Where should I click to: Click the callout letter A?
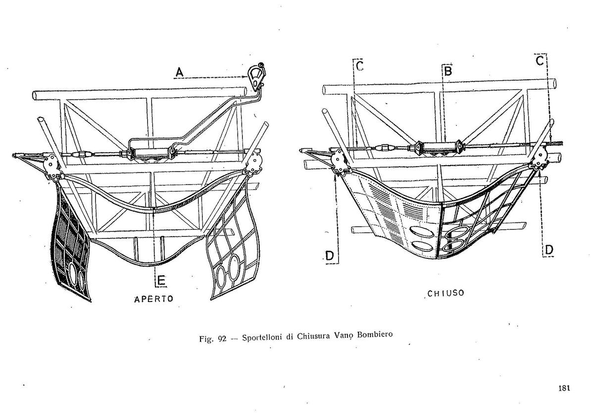180,72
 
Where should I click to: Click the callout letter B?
448,71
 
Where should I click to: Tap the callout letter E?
161,281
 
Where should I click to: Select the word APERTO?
153,299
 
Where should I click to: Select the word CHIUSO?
446,293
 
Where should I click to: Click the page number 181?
564,388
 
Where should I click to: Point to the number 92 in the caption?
222,339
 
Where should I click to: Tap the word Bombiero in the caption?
375,334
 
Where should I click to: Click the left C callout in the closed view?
359,65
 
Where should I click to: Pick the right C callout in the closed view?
540,61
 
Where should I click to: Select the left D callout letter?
329,256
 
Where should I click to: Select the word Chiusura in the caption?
313,336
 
